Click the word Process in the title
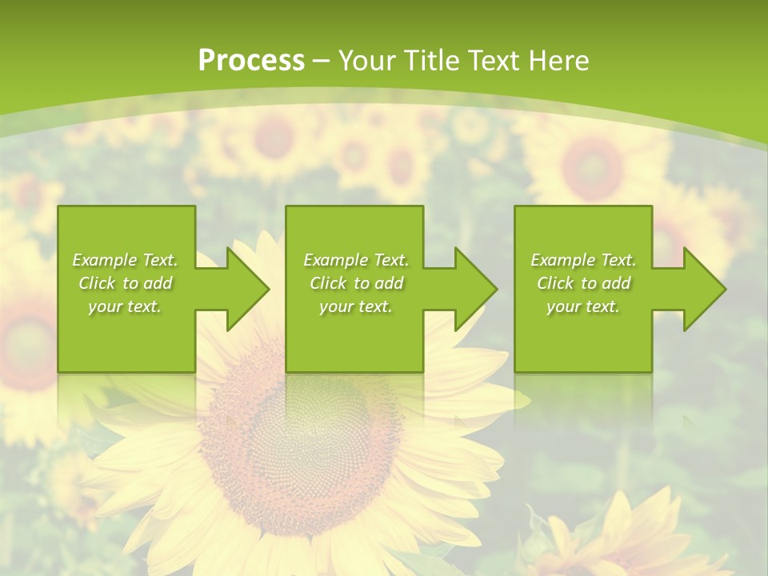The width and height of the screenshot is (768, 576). pyautogui.click(x=251, y=61)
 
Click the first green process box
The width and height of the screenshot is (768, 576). pyautogui.click(x=126, y=336)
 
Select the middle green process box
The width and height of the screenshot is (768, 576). pyautogui.click(x=354, y=336)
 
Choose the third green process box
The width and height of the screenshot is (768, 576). pyautogui.click(x=582, y=336)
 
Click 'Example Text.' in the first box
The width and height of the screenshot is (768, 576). pyautogui.click(x=126, y=260)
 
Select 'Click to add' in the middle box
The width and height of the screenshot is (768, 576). pyautogui.click(x=356, y=283)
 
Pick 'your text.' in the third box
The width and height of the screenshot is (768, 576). pyautogui.click(x=583, y=306)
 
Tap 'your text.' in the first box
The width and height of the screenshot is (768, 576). pyautogui.click(x=125, y=306)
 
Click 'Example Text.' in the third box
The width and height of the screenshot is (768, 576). pyautogui.click(x=583, y=260)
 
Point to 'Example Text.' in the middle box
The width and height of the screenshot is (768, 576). pyautogui.click(x=356, y=260)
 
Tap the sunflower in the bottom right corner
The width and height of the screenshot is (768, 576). pyautogui.click(x=632, y=536)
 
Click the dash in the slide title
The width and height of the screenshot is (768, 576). pyautogui.click(x=322, y=61)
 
